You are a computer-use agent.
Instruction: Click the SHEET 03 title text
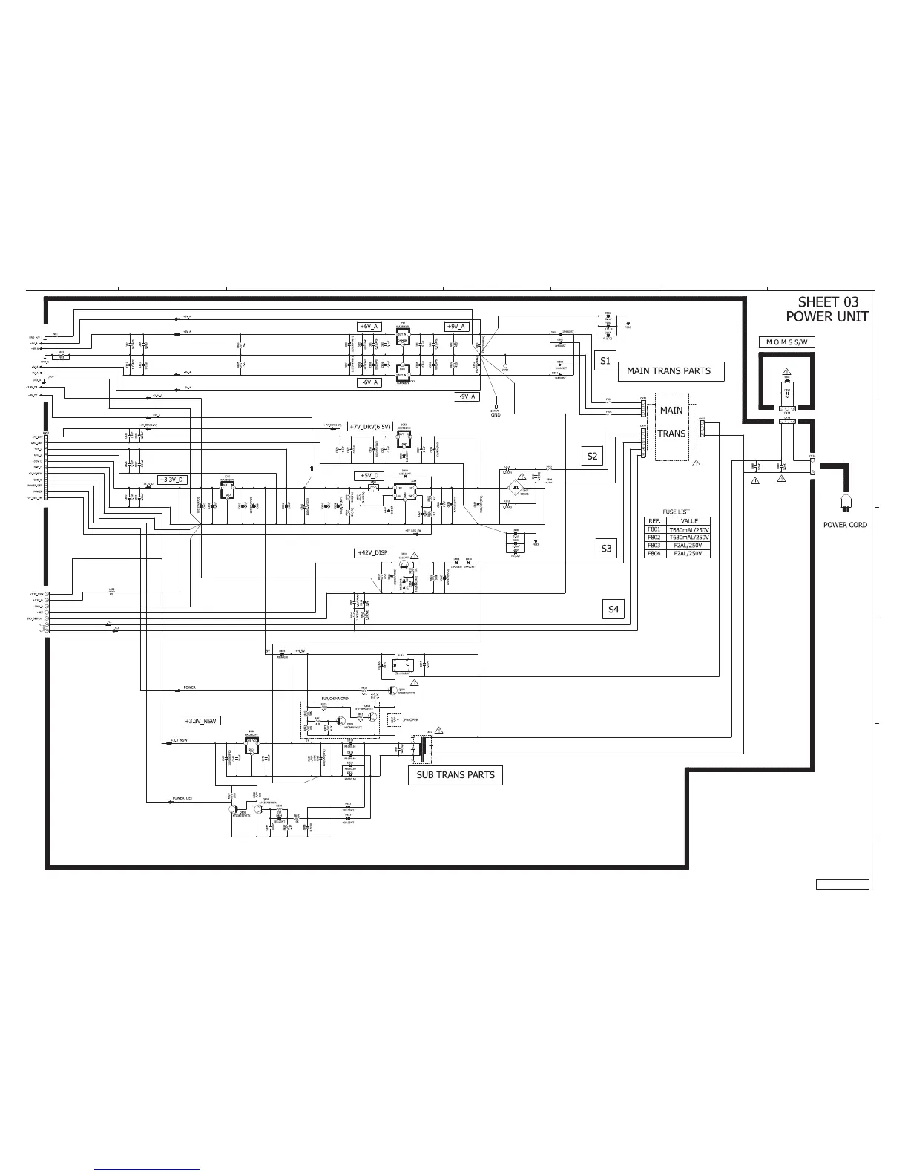(x=828, y=302)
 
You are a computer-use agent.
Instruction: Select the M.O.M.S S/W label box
(x=786, y=342)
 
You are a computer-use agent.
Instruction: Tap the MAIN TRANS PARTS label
(x=668, y=371)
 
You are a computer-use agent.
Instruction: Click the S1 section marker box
(x=605, y=361)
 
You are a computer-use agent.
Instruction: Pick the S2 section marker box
(x=591, y=456)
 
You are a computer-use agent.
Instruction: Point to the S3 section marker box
(x=606, y=549)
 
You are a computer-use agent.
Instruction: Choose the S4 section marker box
(x=613, y=610)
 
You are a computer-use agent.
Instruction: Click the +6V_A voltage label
(x=369, y=327)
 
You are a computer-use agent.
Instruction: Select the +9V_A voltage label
(x=455, y=327)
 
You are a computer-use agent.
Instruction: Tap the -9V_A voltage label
(x=467, y=396)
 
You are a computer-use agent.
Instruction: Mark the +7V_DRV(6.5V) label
(x=369, y=426)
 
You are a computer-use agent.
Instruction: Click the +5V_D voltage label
(x=369, y=476)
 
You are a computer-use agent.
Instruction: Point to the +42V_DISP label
(x=369, y=553)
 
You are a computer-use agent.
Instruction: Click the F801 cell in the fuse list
(x=654, y=529)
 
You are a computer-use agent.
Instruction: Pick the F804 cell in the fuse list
(x=654, y=553)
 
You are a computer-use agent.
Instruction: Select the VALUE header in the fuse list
(x=689, y=521)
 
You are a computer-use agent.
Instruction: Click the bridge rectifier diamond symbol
(x=524, y=489)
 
